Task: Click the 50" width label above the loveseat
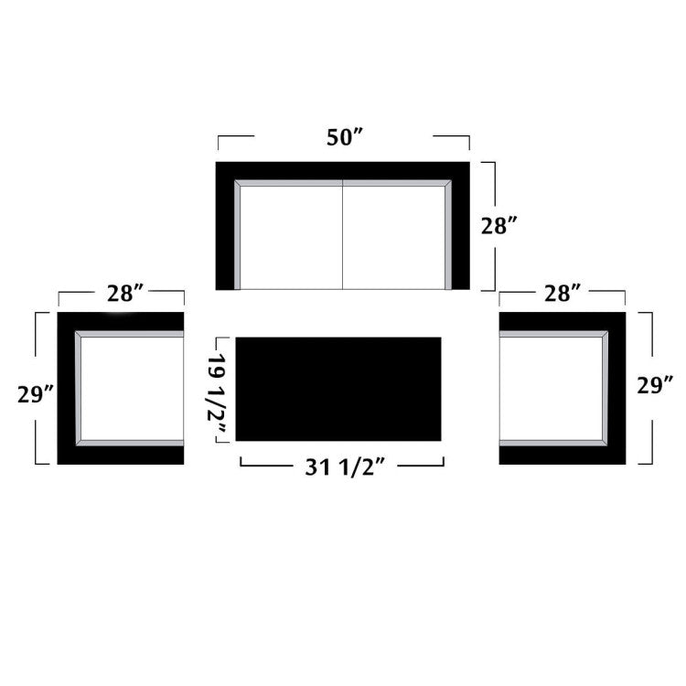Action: click(345, 137)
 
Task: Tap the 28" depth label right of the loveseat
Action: click(499, 226)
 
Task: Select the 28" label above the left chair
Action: click(125, 293)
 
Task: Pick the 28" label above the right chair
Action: click(563, 293)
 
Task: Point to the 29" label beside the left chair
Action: click(36, 394)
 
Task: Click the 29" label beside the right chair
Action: click(655, 385)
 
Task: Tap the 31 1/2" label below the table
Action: click(345, 467)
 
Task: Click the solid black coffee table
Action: click(338, 389)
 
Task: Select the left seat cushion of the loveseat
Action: click(292, 238)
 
